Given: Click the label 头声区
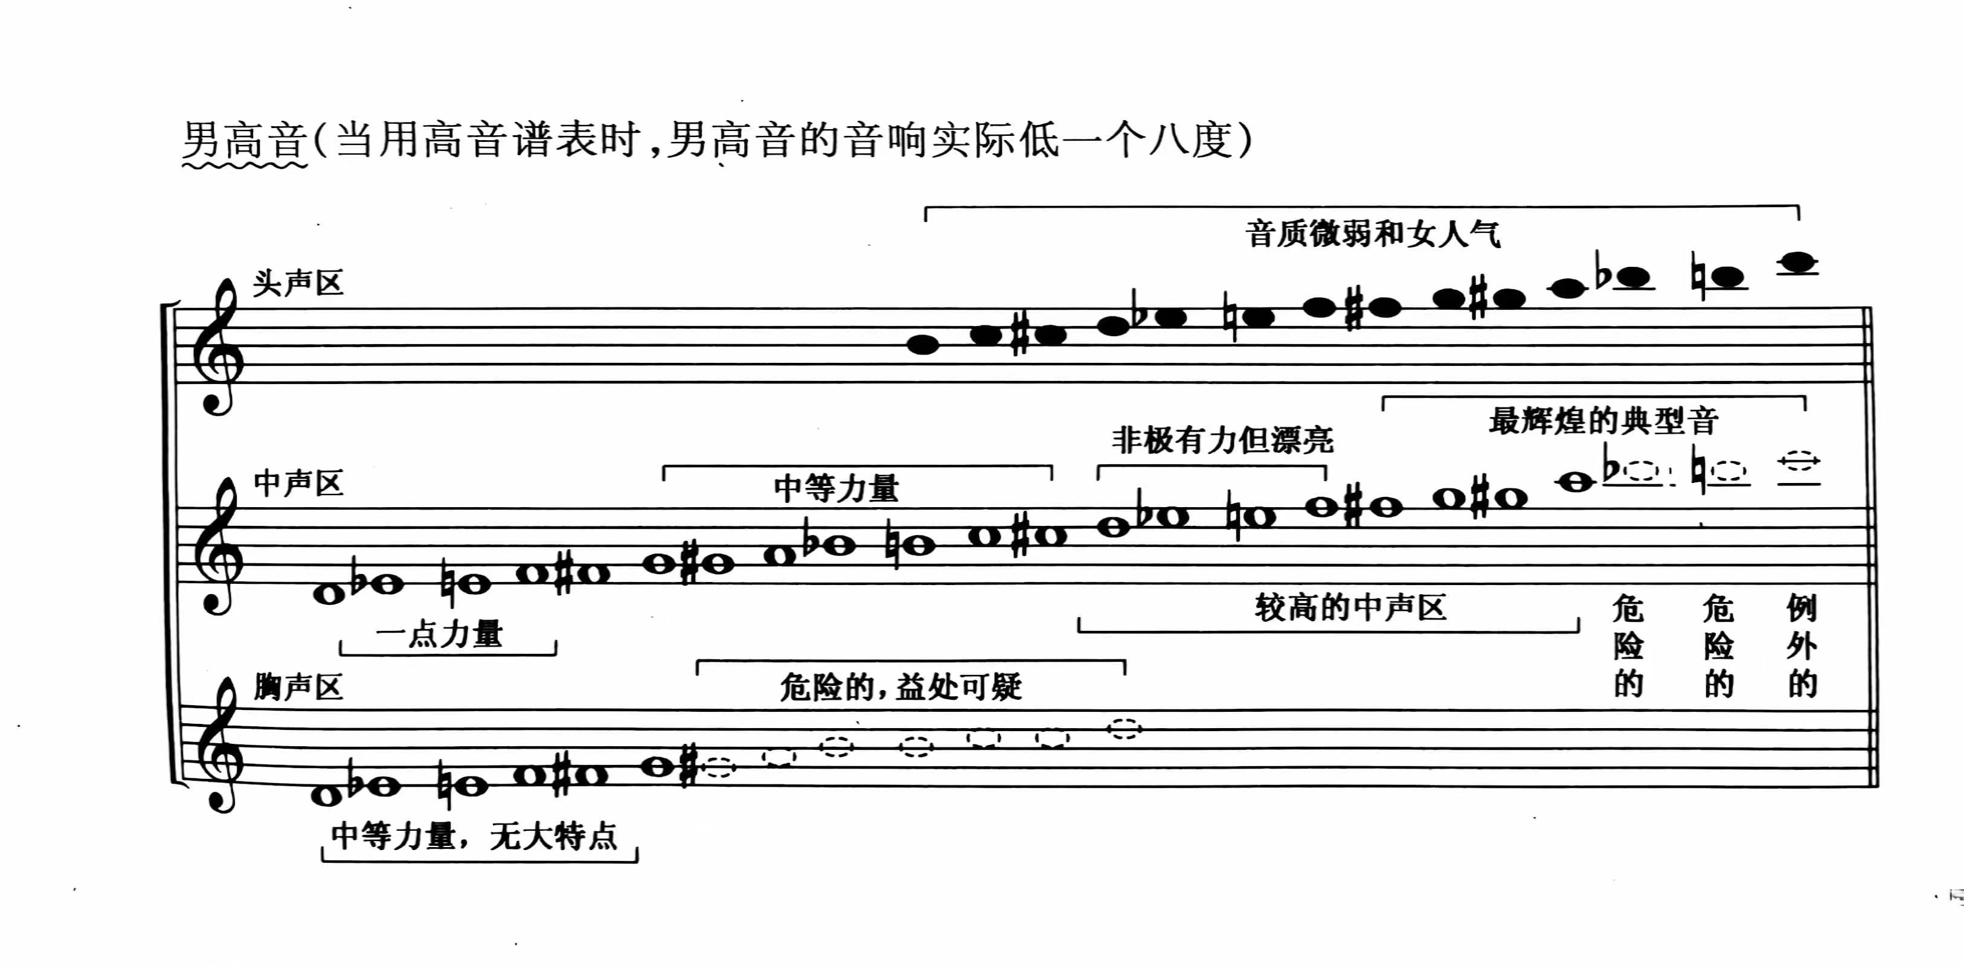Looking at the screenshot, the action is tap(298, 284).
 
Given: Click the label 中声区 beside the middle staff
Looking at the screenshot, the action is tap(298, 484).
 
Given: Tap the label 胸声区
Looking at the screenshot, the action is tap(298, 687).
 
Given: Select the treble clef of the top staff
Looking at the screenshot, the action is tap(218, 347).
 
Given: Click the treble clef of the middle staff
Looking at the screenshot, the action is tap(218, 546).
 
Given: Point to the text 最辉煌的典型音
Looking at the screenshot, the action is tap(1603, 421).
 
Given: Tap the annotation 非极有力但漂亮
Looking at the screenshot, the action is tap(1222, 441).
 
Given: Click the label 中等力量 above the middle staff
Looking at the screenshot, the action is tap(836, 488).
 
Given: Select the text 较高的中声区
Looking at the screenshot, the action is tap(1350, 607).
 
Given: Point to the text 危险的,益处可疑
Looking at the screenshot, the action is tap(900, 688).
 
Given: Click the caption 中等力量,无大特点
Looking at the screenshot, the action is tap(474, 836).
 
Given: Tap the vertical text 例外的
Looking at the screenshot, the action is tap(1802, 646).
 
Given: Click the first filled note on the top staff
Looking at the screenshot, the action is tap(923, 345).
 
